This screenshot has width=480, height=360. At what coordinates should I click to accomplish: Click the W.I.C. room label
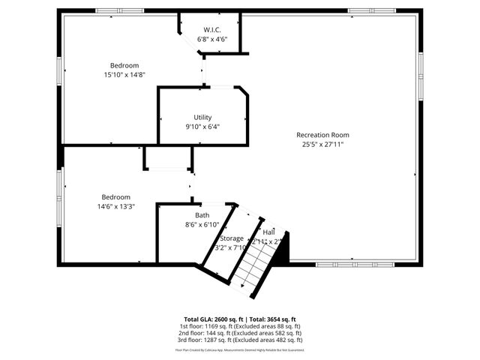pyautogui.click(x=211, y=30)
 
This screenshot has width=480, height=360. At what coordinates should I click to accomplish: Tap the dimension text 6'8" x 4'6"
pyautogui.click(x=211, y=39)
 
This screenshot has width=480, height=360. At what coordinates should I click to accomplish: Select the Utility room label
pyautogui.click(x=202, y=117)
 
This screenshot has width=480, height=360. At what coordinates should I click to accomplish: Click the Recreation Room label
pyautogui.click(x=322, y=135)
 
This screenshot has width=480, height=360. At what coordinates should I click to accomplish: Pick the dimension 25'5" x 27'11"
pyautogui.click(x=322, y=144)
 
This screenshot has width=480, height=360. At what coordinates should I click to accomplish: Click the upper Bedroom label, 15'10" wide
pyautogui.click(x=124, y=65)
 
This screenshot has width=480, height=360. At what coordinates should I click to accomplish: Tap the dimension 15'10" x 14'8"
pyautogui.click(x=124, y=74)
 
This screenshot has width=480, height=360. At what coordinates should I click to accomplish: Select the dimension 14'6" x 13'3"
pyautogui.click(x=115, y=206)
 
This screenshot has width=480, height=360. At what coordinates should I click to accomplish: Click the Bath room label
pyautogui.click(x=202, y=215)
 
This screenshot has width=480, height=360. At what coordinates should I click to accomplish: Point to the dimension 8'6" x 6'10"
pyautogui.click(x=202, y=224)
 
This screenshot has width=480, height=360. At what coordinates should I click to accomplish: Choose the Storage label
pyautogui.click(x=231, y=238)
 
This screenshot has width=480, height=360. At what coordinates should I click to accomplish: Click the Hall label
pyautogui.click(x=268, y=232)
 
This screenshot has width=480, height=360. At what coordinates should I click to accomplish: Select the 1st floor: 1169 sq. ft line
pyautogui.click(x=240, y=326)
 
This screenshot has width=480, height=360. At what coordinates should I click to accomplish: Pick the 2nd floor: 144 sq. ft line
pyautogui.click(x=240, y=334)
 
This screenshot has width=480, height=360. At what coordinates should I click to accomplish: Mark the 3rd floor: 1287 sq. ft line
pyautogui.click(x=240, y=341)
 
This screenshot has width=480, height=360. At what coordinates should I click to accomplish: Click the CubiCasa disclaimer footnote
pyautogui.click(x=240, y=350)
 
